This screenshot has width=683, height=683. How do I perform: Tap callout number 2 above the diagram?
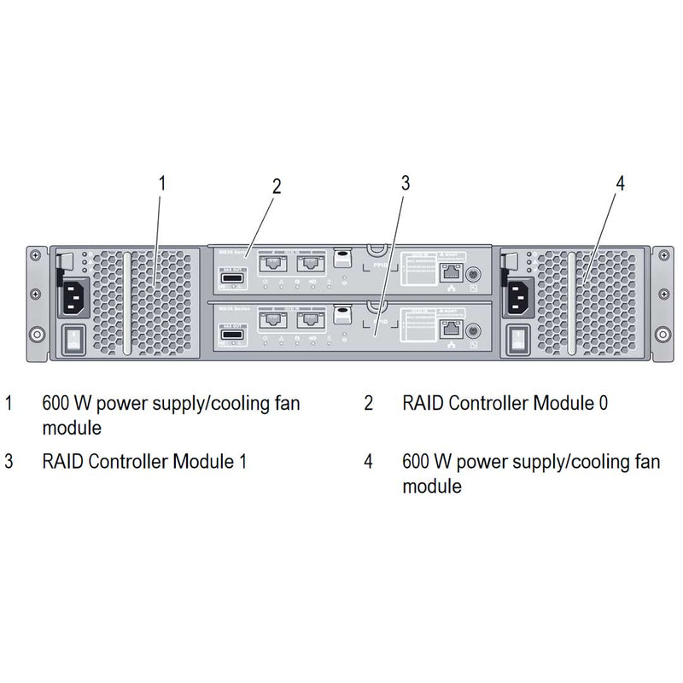click(x=277, y=187)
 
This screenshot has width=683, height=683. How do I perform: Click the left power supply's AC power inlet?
click(x=73, y=296)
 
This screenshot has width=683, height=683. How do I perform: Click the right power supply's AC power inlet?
click(x=517, y=296)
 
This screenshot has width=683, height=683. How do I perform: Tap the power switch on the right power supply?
click(x=517, y=340)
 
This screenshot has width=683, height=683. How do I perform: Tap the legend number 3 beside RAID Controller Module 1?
click(x=9, y=462)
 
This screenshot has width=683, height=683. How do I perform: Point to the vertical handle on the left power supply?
click(x=128, y=303)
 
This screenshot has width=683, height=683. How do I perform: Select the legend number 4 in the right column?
click(x=369, y=462)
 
